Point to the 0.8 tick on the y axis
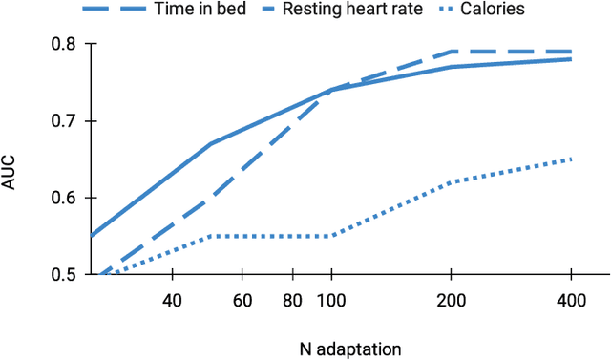(x=64, y=45)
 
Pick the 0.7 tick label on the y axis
(x=64, y=121)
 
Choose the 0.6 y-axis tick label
(x=64, y=198)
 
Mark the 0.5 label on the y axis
(x=64, y=274)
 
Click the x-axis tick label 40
(x=173, y=301)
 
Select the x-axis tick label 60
(x=242, y=301)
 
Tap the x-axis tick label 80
(x=293, y=301)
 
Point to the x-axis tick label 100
(x=331, y=301)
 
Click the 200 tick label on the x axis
(x=452, y=301)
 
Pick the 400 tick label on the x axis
(x=571, y=301)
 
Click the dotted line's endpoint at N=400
(x=571, y=159)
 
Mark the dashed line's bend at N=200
(x=452, y=52)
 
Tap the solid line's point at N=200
(x=452, y=67)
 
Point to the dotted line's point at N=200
(x=452, y=181)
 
